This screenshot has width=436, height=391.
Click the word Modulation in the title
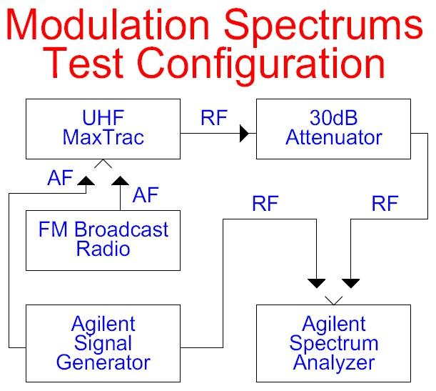point(107,24)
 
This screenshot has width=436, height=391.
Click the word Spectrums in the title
point(323,27)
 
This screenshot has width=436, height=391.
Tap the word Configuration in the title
point(261,64)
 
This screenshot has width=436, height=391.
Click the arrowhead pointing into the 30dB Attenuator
point(244,134)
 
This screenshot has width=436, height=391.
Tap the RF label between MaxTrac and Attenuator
point(214,118)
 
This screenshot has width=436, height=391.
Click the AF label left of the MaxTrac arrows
point(60,178)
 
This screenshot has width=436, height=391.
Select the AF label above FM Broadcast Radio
point(146,195)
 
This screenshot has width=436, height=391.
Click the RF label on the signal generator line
point(265,204)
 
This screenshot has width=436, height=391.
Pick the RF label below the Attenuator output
point(385,204)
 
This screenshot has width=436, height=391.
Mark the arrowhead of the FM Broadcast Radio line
point(120,181)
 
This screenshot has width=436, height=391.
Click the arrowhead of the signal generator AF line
point(86,181)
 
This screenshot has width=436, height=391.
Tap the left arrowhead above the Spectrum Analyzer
point(316,284)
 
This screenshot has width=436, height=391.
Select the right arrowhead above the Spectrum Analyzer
point(350,284)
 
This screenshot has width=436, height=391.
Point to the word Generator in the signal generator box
point(103,362)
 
